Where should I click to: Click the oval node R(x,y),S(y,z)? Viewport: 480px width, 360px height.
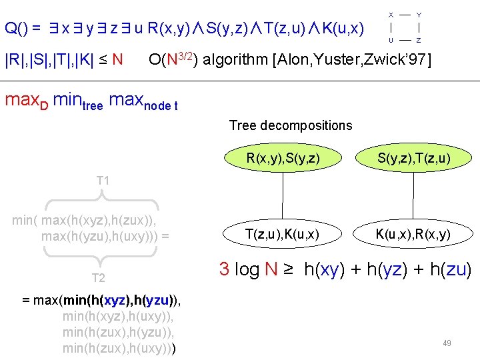283,158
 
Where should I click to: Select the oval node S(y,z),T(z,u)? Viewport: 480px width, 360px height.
413,158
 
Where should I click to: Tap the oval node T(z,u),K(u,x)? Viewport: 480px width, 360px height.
283,233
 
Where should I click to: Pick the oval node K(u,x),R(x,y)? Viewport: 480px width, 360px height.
413,233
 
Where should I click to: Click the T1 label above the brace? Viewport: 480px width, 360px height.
103,181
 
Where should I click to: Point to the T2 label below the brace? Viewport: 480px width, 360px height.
98,278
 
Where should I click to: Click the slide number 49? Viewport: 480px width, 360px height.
447,343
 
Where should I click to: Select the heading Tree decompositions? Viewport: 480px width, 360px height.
290,125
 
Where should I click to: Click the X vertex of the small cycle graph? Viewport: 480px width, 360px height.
391,14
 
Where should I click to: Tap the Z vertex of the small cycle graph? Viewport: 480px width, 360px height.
419,40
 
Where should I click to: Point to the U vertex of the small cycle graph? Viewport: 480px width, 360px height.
391,40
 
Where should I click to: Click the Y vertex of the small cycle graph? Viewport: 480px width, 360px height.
419,14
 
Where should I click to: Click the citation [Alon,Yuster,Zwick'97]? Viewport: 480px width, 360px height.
352,61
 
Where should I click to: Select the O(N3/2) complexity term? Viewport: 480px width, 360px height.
173,60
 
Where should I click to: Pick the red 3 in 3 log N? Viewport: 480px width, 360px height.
225,270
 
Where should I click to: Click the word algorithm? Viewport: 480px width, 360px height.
234,61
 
